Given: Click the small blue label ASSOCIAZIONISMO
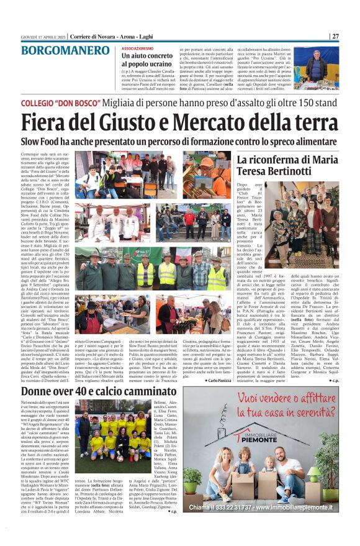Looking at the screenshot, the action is pos(137,48).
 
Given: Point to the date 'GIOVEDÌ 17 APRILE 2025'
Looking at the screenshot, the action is pos(42,37).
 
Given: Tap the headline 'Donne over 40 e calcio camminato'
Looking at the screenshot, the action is pos(99,391).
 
